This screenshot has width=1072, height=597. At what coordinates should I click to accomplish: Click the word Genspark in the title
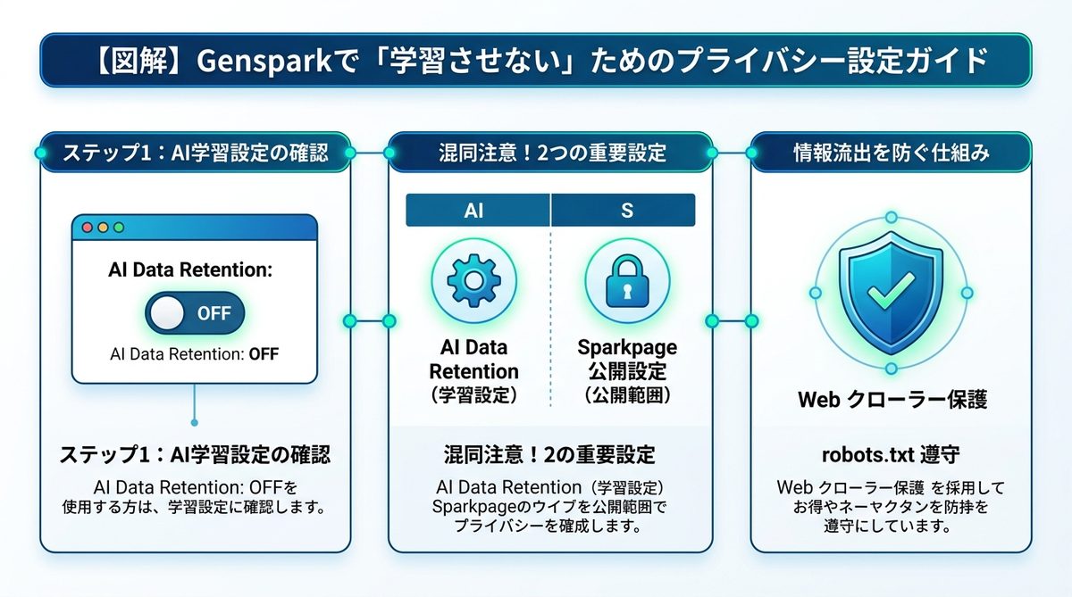point(253,62)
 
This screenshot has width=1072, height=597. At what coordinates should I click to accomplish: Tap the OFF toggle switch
point(194,313)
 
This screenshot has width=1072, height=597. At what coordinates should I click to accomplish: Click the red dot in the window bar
point(87,228)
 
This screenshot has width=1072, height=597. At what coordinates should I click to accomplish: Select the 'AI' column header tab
point(476,211)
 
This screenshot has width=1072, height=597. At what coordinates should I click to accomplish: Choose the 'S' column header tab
point(624,211)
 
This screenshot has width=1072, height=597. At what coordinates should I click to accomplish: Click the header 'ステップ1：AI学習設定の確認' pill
point(195,153)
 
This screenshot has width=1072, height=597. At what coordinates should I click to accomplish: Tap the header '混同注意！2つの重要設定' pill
point(550,153)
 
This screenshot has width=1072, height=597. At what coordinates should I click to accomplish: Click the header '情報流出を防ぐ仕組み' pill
point(891,153)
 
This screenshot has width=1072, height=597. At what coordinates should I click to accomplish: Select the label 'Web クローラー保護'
point(892,400)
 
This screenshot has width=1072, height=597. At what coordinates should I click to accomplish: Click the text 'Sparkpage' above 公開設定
point(626,347)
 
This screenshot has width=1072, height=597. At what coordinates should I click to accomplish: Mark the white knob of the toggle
point(169,313)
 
